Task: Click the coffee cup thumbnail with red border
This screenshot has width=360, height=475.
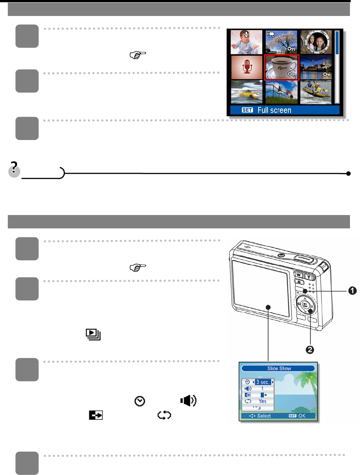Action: (281, 67)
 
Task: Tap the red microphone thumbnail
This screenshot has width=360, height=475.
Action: (247, 67)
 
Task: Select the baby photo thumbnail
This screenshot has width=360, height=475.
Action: (246, 42)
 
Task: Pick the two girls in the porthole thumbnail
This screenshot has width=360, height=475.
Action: (316, 42)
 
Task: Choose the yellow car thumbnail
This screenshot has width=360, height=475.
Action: (246, 92)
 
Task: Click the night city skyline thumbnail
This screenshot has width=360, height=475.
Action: (316, 67)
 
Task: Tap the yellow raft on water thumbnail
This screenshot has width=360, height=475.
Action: (316, 92)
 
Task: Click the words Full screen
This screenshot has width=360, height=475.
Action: (274, 110)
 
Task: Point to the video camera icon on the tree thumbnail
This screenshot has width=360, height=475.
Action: (271, 35)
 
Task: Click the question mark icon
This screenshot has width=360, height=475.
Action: (14, 169)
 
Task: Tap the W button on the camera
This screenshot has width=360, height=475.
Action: (299, 275)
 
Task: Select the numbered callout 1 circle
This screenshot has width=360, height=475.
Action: (352, 291)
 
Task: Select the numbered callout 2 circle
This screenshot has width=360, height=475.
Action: (310, 349)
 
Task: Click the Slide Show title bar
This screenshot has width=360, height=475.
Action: (279, 368)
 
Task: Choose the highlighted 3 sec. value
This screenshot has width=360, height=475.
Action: (263, 382)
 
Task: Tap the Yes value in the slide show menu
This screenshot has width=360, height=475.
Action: (263, 401)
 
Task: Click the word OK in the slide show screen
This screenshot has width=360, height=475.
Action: (302, 416)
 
